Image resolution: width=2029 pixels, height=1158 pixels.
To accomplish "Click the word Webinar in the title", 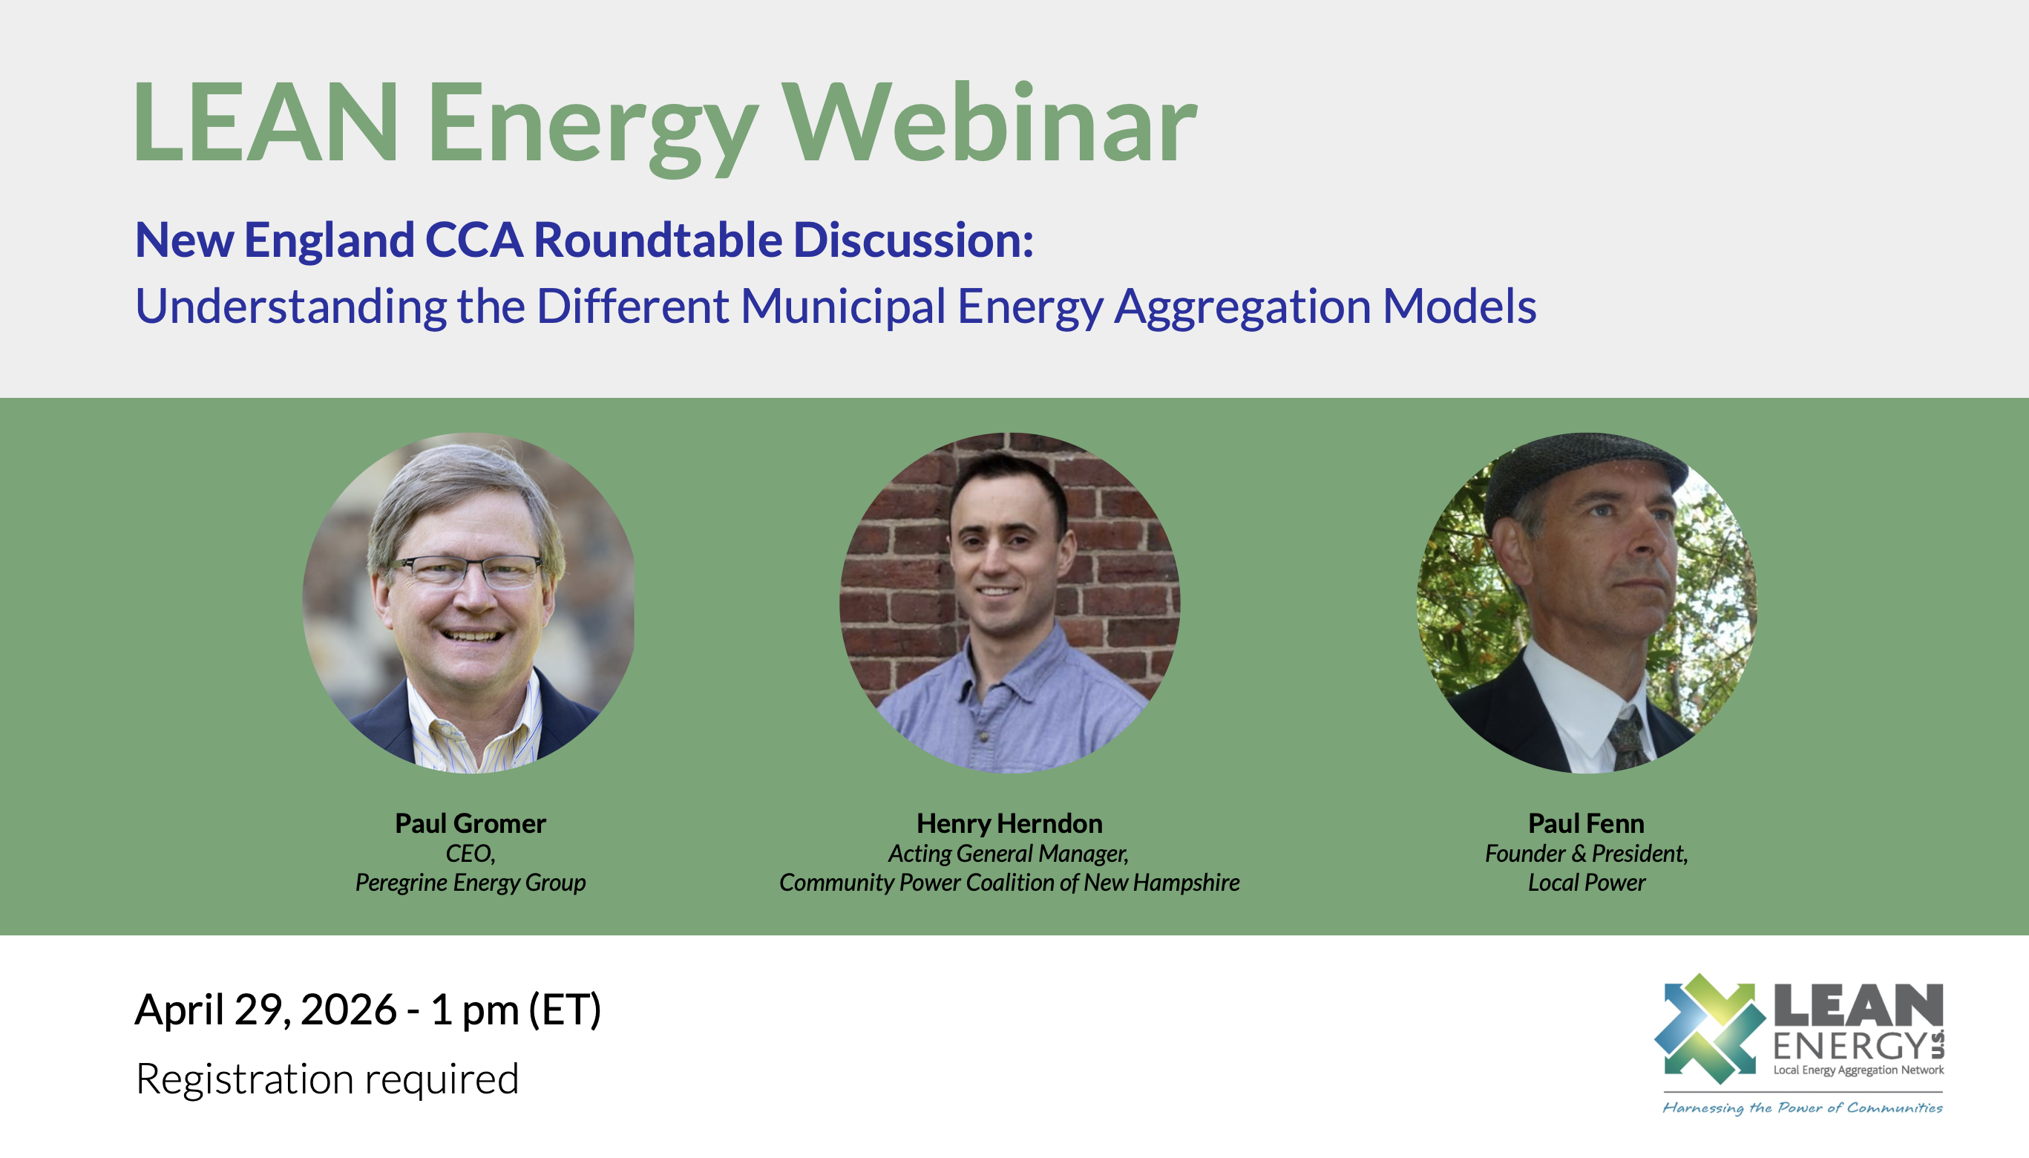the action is [989, 122].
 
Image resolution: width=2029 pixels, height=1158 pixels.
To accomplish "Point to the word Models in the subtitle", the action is [1459, 306].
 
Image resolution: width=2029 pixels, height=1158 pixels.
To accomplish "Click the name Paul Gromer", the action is [471, 823].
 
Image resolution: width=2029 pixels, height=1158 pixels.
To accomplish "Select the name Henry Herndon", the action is [1010, 823].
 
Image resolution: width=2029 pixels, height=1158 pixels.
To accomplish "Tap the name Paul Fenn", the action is [1586, 823].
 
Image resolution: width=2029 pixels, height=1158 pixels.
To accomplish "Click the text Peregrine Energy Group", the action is [471, 883].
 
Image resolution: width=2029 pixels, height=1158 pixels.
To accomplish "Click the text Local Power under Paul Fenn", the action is [1587, 883].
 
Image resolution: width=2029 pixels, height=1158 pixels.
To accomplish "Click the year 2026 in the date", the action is [348, 1010].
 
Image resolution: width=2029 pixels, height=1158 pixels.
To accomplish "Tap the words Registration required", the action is [327, 1079].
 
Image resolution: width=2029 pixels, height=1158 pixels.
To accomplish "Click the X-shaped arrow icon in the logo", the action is [1709, 1029].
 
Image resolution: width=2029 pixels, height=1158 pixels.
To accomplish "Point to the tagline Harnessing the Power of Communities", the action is [1803, 1108].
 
